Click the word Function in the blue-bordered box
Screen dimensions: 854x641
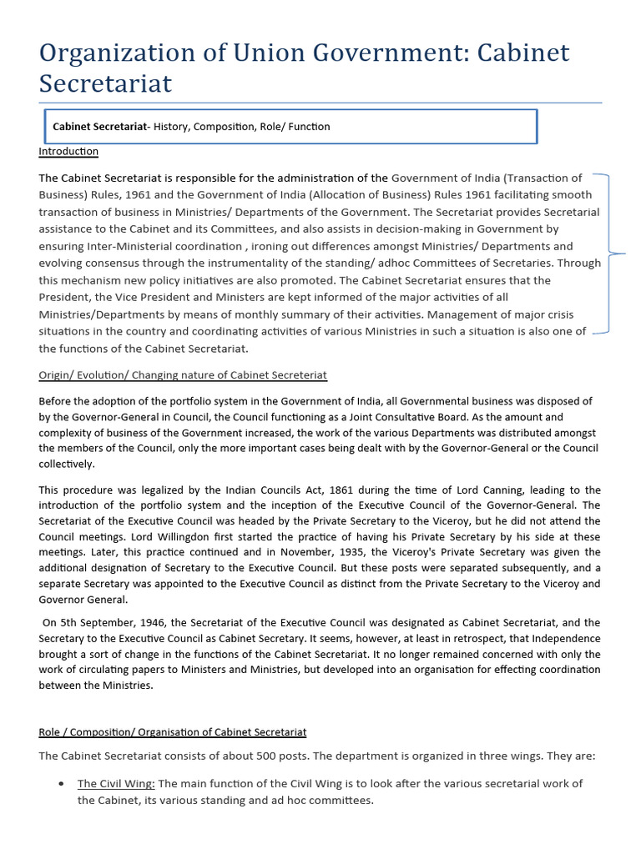[308, 127]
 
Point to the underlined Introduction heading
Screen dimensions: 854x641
[68, 151]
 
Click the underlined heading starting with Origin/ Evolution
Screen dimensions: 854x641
[183, 374]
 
